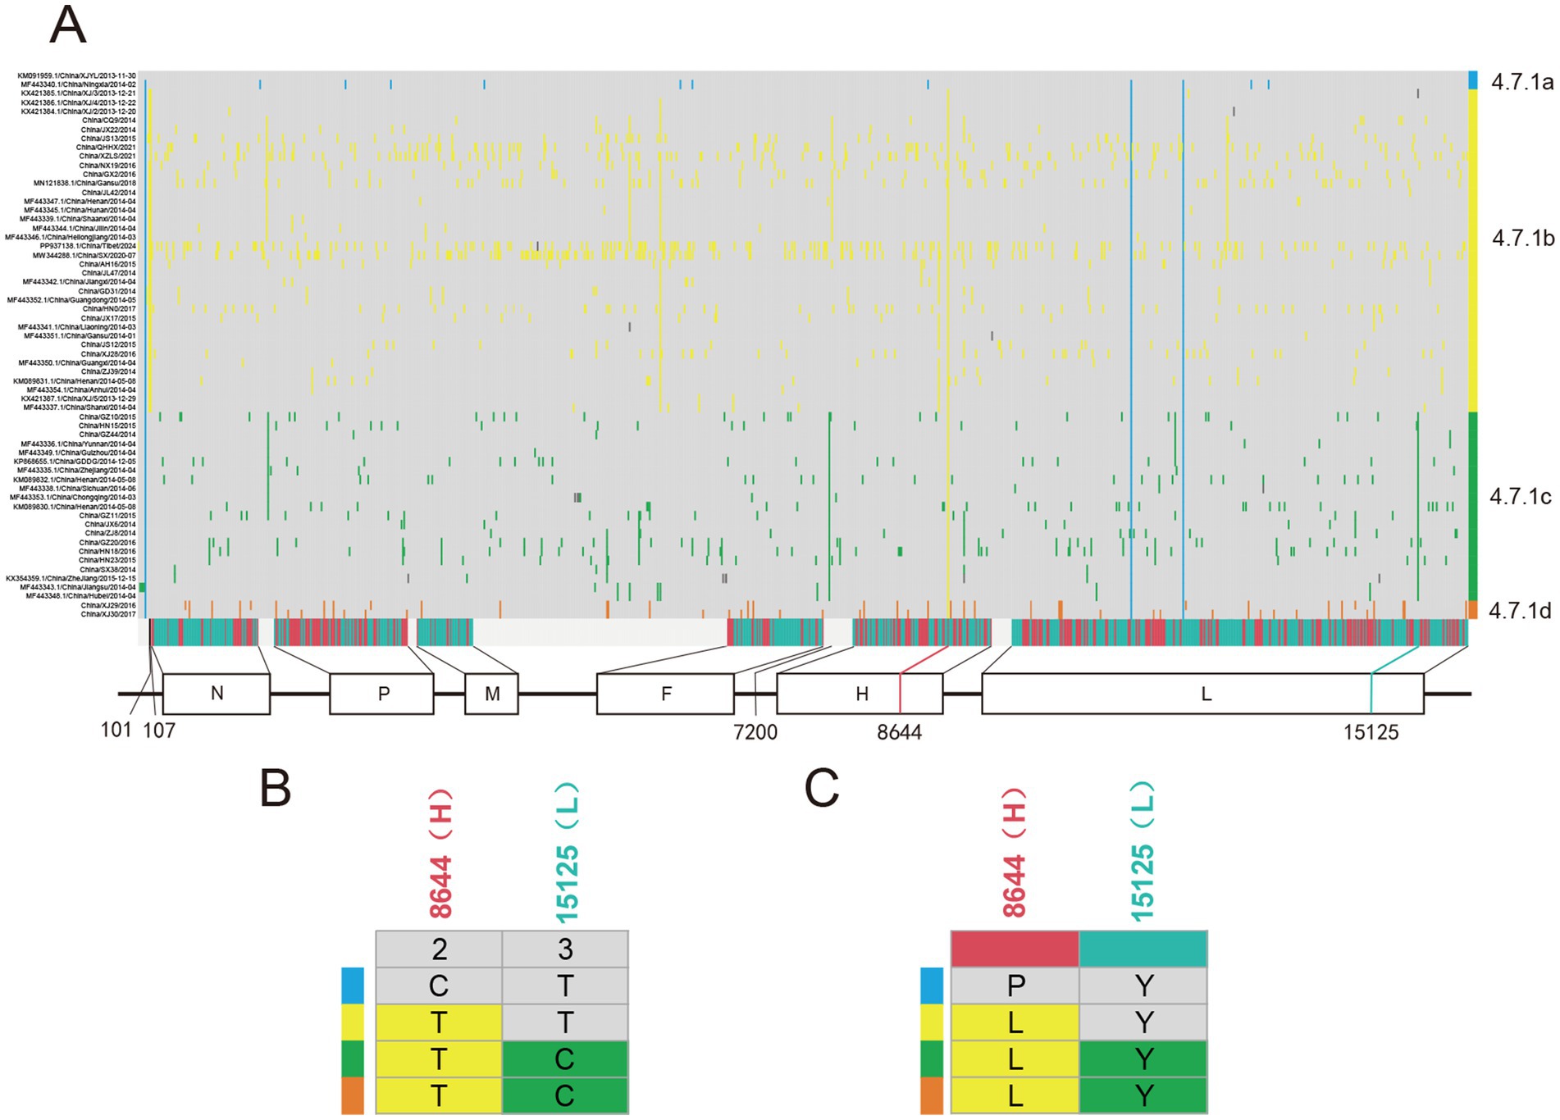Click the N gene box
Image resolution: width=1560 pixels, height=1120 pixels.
217,694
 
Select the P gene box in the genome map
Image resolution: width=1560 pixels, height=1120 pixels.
382,694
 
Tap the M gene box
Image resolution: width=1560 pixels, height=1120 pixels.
492,694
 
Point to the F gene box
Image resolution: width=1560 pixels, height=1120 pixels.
665,694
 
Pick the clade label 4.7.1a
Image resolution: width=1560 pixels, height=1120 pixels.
1521,81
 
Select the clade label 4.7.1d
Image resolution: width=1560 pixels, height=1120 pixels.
1519,610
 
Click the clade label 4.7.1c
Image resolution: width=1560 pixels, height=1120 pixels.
1520,497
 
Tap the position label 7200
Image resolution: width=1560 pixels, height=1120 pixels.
755,731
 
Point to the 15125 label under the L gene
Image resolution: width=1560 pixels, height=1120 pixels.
1371,731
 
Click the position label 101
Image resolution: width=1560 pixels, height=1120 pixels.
116,729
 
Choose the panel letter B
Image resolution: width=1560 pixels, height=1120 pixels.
276,789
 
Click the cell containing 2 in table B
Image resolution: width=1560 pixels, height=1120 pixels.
440,949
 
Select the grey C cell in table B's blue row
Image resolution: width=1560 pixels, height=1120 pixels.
440,986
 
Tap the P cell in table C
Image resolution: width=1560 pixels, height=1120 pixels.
1015,986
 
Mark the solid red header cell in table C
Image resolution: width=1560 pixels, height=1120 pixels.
1015,949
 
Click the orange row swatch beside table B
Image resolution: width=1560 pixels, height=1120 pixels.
353,1096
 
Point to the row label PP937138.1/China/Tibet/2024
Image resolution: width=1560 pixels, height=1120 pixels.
88,246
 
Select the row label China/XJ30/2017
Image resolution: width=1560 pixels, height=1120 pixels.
107,614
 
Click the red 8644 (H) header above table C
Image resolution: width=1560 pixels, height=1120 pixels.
1015,853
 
